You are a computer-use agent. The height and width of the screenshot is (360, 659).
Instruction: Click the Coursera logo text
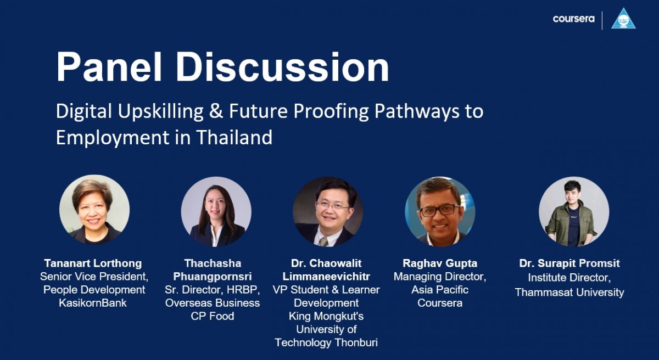click(x=573, y=19)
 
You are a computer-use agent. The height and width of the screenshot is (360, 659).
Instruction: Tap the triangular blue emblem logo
click(x=623, y=19)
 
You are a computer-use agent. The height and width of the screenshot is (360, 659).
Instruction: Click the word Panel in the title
click(x=109, y=67)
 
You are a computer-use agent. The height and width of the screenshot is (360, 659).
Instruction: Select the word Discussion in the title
click(x=282, y=67)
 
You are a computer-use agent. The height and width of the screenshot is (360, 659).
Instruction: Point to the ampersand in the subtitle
click(x=216, y=111)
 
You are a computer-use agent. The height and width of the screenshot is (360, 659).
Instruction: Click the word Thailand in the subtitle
click(x=234, y=137)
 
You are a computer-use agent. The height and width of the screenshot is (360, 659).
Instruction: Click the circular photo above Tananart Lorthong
click(x=94, y=210)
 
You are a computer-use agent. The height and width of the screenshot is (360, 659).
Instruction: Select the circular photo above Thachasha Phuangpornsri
click(x=216, y=212)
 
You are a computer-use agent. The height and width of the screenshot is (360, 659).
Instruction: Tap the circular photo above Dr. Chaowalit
click(x=328, y=212)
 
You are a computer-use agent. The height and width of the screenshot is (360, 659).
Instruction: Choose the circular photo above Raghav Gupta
click(x=440, y=212)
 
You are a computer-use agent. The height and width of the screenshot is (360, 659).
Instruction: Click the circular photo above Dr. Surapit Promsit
click(x=574, y=212)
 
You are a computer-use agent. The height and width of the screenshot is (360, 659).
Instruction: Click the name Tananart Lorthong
click(x=93, y=263)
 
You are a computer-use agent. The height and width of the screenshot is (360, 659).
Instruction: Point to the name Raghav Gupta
click(x=440, y=263)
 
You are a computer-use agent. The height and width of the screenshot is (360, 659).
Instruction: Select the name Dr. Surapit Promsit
click(x=569, y=263)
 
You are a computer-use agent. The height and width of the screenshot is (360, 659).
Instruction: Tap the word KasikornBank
click(x=93, y=303)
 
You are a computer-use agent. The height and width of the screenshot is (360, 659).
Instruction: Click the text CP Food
click(x=213, y=316)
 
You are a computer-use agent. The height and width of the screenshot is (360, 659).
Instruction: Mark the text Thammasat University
click(x=569, y=292)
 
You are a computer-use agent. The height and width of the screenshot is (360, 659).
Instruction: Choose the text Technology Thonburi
click(x=326, y=342)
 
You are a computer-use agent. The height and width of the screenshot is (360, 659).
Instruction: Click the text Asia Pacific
click(x=440, y=290)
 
